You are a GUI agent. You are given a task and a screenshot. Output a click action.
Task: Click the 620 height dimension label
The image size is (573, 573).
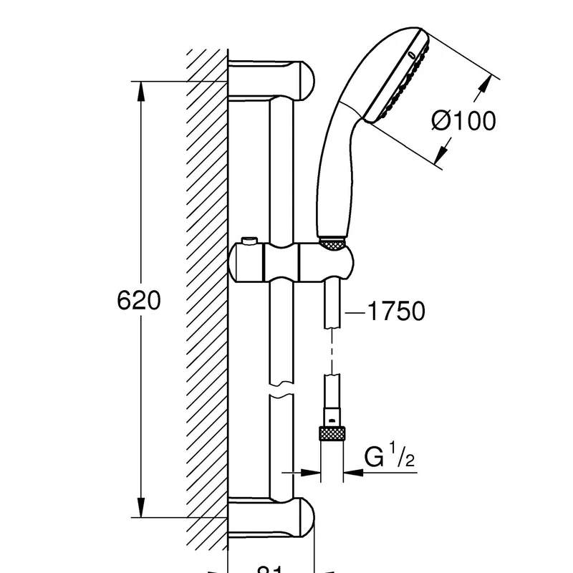(139, 300)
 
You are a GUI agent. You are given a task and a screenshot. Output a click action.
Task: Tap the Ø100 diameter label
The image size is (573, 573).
(463, 121)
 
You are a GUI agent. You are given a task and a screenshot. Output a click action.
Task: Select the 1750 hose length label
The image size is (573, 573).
(395, 311)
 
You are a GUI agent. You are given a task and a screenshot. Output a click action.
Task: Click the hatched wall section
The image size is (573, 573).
(206, 301)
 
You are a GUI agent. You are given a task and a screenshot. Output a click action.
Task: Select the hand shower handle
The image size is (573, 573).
(337, 165)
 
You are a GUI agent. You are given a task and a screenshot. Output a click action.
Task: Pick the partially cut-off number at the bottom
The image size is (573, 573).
(268, 569)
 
